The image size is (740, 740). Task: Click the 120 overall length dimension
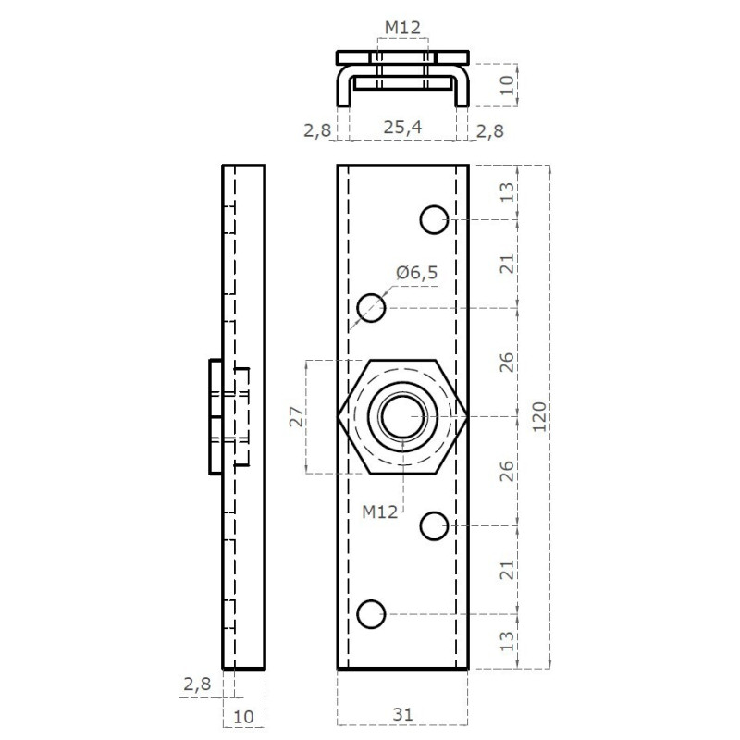[539, 417]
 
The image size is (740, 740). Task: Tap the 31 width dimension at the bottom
[402, 714]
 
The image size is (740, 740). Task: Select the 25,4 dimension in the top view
[402, 128]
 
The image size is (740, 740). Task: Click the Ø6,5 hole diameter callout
[417, 272]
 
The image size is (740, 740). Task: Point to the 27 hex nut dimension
[297, 417]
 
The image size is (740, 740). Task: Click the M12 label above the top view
[402, 28]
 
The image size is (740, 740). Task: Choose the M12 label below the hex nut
[380, 512]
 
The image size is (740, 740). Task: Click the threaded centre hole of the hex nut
[402, 417]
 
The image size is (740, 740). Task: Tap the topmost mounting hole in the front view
[434, 219]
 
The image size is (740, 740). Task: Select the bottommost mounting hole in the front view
[372, 614]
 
